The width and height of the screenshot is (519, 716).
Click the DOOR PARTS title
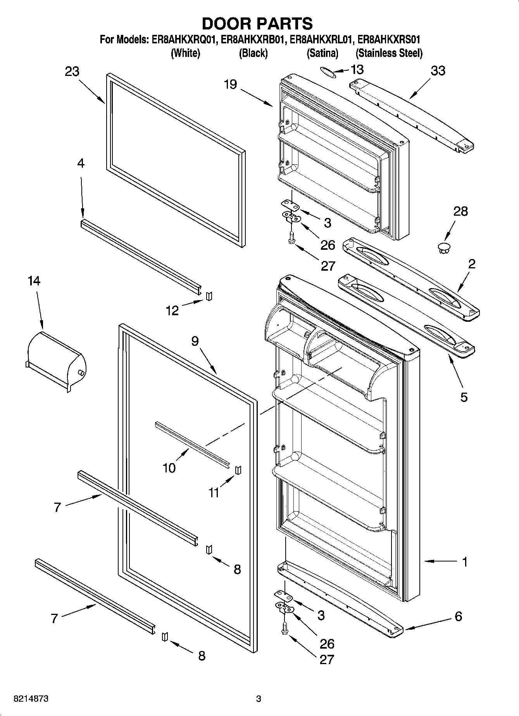click(x=257, y=24)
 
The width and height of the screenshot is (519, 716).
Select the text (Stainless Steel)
click(x=389, y=53)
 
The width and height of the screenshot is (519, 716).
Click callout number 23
click(x=72, y=72)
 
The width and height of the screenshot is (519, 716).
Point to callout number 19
click(x=230, y=84)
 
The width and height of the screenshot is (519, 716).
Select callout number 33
click(x=438, y=71)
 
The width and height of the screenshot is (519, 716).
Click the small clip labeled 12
click(x=210, y=296)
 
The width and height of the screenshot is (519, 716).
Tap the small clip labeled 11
click(x=238, y=469)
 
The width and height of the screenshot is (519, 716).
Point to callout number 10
click(x=169, y=468)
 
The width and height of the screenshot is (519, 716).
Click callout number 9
click(x=195, y=341)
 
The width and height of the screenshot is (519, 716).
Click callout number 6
click(x=459, y=616)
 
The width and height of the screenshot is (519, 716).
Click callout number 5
click(x=464, y=397)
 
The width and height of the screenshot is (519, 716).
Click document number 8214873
click(x=31, y=699)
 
